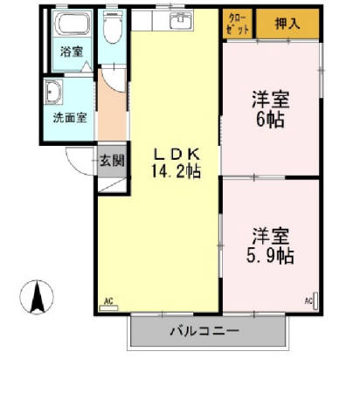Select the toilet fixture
point(112,29)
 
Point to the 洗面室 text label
point(69,117)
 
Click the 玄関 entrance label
point(111,161)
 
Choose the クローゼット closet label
point(237,24)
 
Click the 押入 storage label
point(287,24)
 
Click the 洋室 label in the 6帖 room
point(271,99)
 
